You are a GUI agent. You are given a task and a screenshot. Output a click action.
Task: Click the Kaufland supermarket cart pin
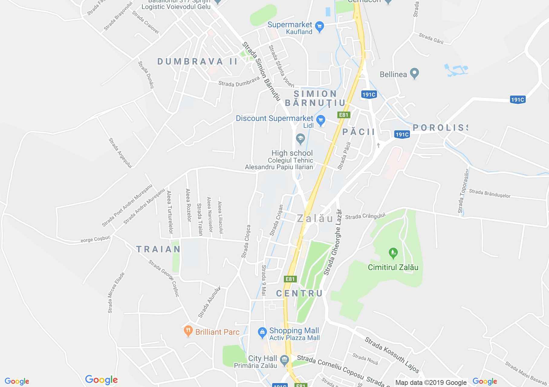point(319,27)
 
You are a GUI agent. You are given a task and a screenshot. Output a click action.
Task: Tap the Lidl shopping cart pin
point(320,121)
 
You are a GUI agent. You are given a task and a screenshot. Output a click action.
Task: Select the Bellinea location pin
point(414,73)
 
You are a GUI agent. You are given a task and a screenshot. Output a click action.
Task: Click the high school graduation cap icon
point(300,139)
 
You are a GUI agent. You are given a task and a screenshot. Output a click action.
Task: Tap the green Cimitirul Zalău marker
point(393,253)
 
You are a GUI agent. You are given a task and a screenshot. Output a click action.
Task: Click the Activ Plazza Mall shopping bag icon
point(262,333)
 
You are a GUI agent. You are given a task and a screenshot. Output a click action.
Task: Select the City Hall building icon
point(284,360)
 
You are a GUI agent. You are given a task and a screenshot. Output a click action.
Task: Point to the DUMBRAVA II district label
point(197,62)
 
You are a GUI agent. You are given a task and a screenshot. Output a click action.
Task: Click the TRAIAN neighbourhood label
point(158,249)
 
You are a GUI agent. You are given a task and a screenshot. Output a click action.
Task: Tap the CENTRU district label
point(299,293)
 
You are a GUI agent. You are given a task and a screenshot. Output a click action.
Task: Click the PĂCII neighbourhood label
point(359,132)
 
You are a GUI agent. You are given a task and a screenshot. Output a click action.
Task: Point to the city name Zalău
point(315,218)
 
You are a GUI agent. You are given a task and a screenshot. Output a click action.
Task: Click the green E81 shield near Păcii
point(344,115)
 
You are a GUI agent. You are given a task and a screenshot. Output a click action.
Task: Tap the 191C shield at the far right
point(517,99)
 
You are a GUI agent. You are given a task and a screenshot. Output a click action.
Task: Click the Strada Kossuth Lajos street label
point(392,355)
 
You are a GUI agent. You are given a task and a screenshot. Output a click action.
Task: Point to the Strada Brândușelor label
point(489,193)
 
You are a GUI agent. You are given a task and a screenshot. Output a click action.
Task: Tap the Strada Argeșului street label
point(120,153)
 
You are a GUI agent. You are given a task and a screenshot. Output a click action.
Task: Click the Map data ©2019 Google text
point(431,382)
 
